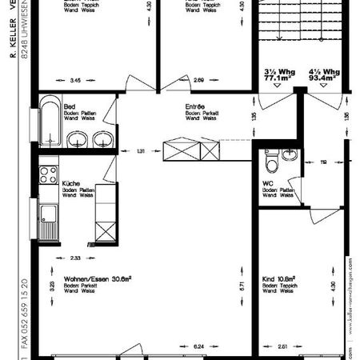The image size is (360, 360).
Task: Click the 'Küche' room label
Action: (x=70, y=183)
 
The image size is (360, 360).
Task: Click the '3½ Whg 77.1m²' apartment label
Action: (x=278, y=75)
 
